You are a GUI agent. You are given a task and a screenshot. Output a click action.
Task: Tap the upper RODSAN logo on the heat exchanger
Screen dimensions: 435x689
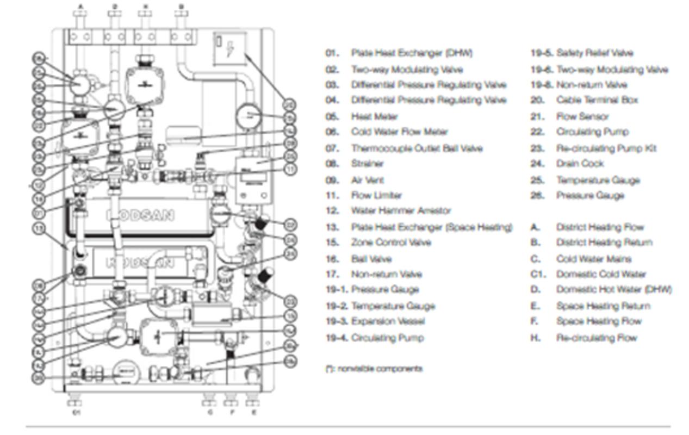(x=144, y=214)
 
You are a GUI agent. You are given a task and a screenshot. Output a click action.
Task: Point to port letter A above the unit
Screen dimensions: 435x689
(x=81, y=7)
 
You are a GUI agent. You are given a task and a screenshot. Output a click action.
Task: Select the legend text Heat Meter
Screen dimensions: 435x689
(x=374, y=116)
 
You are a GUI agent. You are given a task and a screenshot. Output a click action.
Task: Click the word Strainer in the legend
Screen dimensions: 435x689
(x=367, y=163)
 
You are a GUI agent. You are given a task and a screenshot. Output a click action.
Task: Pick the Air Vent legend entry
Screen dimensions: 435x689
(x=367, y=179)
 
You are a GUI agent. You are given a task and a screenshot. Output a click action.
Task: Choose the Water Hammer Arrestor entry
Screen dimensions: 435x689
(x=393, y=210)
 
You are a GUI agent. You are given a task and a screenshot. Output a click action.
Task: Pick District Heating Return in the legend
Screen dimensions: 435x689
(x=604, y=243)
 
